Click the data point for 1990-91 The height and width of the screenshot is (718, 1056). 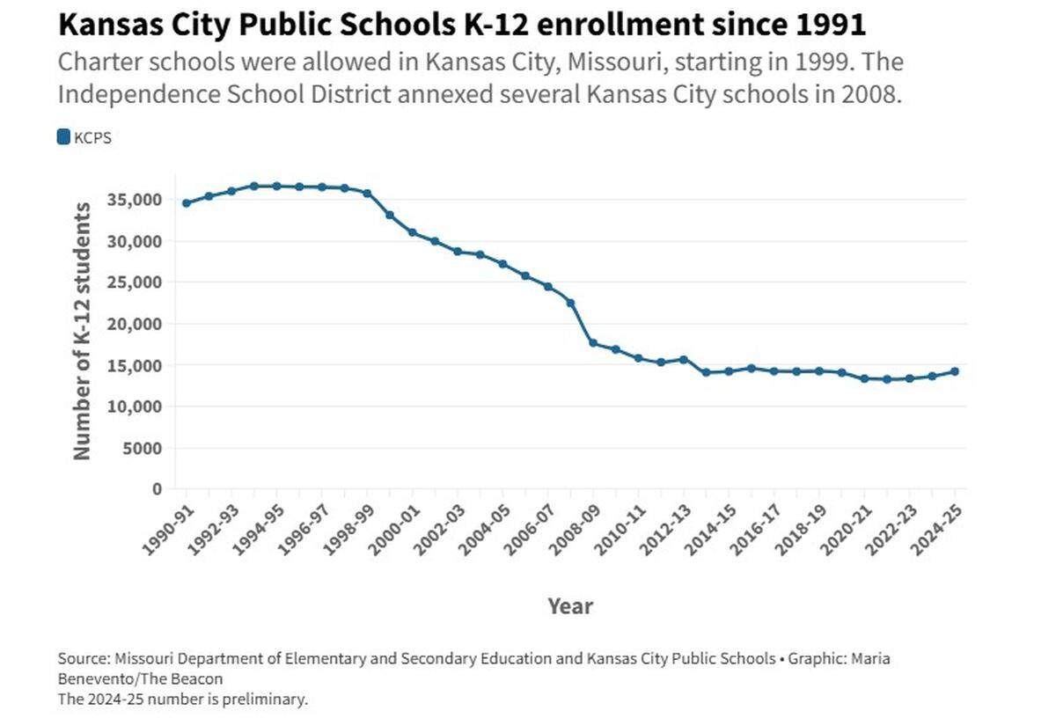click(x=187, y=203)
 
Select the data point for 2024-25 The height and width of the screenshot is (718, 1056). click(x=955, y=371)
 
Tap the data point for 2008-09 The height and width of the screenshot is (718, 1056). click(x=593, y=343)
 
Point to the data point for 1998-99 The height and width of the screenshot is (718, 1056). click(x=367, y=194)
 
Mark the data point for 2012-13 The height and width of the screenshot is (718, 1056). click(x=684, y=360)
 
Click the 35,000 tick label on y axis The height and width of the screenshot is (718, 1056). click(x=135, y=200)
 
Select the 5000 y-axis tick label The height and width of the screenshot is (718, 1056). click(x=143, y=449)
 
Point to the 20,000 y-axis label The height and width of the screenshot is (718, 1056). click(x=135, y=325)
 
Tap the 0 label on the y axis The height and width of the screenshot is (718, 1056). click(x=158, y=489)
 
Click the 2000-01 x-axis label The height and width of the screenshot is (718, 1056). click(x=394, y=531)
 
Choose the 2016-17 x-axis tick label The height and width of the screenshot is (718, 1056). click(x=756, y=531)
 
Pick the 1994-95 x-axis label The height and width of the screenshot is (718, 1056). click(x=259, y=531)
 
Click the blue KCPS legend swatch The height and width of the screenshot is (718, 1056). click(x=63, y=137)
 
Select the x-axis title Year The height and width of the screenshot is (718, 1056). click(x=570, y=606)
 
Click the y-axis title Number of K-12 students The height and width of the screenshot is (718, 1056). click(x=82, y=332)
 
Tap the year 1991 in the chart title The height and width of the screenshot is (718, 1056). click(x=830, y=25)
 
